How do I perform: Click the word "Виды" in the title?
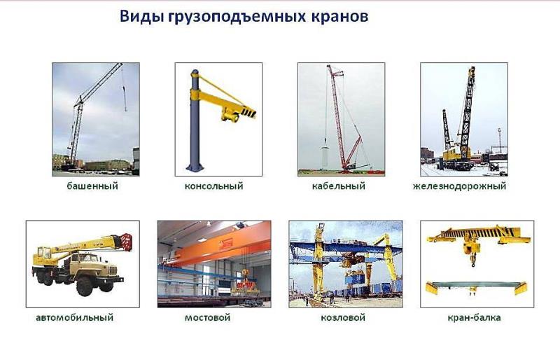pos(142,16)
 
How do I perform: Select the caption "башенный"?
pos(92,186)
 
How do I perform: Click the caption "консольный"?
pos(213,186)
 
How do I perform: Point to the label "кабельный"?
pos(339,186)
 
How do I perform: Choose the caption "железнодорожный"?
pos(459,186)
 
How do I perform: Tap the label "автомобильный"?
pos(74,317)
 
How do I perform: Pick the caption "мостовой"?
pos(207,317)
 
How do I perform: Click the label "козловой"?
pos(343,317)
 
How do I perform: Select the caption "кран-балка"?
pos(474,317)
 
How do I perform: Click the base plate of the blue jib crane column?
pos(195,167)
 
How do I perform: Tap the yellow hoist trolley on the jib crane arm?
pos(230,115)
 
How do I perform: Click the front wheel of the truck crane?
pos(85,286)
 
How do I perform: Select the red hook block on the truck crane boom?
pos(127,242)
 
